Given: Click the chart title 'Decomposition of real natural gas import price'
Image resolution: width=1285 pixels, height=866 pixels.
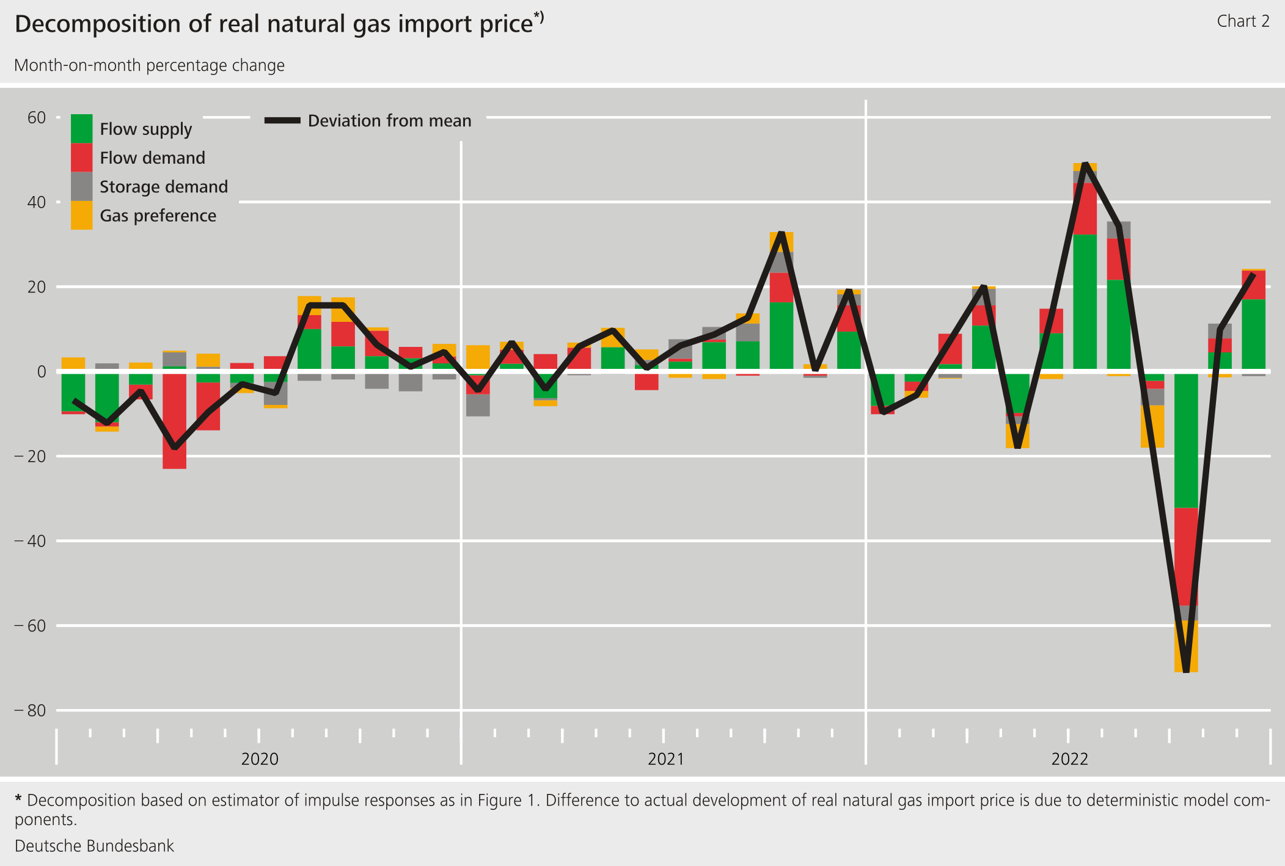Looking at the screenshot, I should [274, 24].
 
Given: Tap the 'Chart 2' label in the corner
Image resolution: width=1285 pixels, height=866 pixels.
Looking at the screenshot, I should [1243, 21].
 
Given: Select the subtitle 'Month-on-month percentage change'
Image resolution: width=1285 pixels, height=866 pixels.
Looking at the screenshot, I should [149, 65].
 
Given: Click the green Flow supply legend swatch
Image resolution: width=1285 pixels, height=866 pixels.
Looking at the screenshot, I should [81, 128].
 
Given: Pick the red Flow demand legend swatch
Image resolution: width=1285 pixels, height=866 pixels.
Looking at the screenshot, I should [81, 158].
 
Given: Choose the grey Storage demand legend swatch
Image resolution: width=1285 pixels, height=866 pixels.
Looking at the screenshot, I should [81, 186].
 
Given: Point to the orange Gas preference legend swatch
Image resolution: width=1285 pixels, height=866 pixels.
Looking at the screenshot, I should [81, 216].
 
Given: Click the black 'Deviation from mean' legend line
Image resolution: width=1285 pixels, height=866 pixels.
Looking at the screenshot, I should [282, 121].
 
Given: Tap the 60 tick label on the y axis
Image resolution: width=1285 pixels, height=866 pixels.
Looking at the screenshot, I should [37, 117].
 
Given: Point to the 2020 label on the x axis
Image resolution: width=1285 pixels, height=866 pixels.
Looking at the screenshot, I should [260, 759].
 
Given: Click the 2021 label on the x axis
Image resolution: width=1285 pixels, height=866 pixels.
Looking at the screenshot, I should [666, 759].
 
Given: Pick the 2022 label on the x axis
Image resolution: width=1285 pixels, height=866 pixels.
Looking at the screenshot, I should [1069, 759].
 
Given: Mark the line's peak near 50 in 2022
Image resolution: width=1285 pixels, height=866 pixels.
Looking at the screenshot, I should [1085, 164].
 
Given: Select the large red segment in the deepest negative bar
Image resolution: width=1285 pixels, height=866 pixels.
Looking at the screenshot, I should [1186, 556].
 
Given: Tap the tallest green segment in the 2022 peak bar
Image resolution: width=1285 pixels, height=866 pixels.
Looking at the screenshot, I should [1085, 301].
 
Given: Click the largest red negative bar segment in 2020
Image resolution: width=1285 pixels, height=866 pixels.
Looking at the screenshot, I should [174, 421].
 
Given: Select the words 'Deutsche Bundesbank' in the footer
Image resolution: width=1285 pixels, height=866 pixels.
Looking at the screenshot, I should [95, 846].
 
